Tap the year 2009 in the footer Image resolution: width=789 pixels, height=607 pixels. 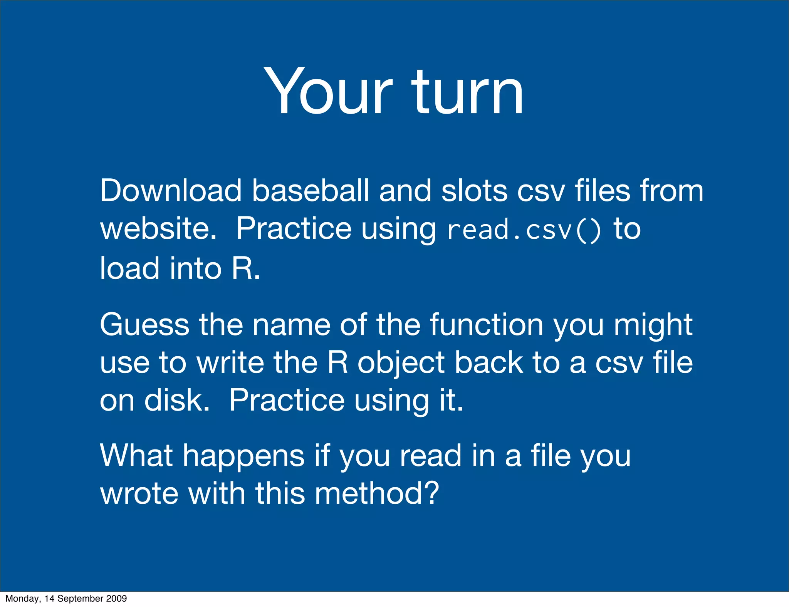tap(118, 599)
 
